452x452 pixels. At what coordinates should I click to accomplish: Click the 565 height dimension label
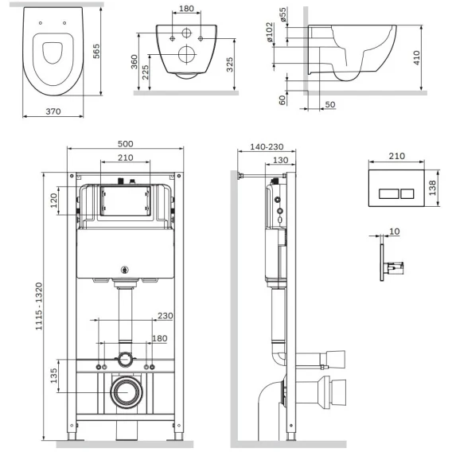point(96,51)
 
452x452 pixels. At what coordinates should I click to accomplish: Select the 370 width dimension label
point(53,111)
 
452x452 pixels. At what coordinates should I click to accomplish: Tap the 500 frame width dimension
point(126,143)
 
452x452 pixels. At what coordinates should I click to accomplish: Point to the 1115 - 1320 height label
point(39,306)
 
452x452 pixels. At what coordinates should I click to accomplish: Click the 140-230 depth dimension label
point(267,146)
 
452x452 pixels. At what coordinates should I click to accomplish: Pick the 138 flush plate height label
point(432,188)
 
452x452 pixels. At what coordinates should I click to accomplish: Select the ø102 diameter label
point(269,32)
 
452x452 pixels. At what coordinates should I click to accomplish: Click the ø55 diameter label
point(283,14)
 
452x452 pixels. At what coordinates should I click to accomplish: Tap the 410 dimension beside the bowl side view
point(416,57)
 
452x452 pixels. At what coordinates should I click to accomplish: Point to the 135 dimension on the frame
point(53,376)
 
